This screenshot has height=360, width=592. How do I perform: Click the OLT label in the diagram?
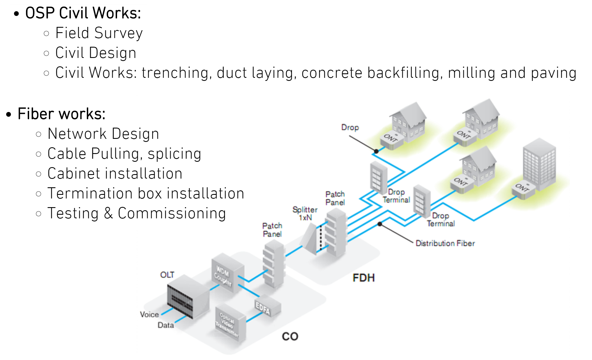pyautogui.click(x=167, y=275)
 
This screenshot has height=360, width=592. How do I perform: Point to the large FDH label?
pyautogui.click(x=363, y=278)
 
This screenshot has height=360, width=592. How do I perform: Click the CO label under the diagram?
pyautogui.click(x=290, y=336)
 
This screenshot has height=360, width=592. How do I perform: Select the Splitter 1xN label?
pyautogui.click(x=305, y=213)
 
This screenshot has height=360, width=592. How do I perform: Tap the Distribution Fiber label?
pyautogui.click(x=445, y=243)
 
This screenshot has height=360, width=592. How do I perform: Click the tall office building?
pyautogui.click(x=539, y=165)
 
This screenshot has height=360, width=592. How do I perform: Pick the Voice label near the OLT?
pyautogui.click(x=149, y=314)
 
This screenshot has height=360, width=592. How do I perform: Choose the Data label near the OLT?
pyautogui.click(x=166, y=325)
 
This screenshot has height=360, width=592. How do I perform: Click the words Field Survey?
pyautogui.click(x=99, y=33)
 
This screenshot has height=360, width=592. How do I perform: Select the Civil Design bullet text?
pyautogui.click(x=96, y=53)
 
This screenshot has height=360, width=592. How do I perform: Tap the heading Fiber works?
pyautogui.click(x=61, y=114)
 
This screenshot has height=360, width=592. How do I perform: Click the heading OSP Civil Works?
pyautogui.click(x=83, y=13)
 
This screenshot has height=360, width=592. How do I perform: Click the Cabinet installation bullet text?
pyautogui.click(x=115, y=173)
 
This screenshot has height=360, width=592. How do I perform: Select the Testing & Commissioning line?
pyautogui.click(x=137, y=213)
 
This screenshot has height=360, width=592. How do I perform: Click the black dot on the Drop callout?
pyautogui.click(x=376, y=151)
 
